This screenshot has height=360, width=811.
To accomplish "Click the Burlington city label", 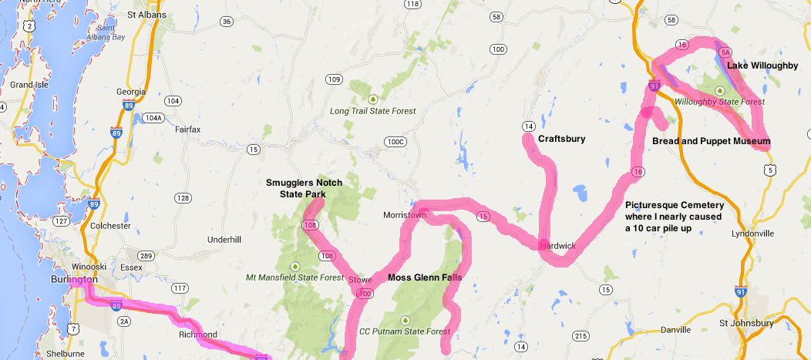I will coord(74,279).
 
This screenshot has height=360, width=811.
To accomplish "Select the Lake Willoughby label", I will coord(762,66).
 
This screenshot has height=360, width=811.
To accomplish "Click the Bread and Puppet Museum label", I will coord(711,141).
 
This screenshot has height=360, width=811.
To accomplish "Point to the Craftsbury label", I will coord(561,139).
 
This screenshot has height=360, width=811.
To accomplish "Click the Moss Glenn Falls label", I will coord(425,278).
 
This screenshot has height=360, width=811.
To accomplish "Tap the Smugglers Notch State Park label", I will coord(295,188).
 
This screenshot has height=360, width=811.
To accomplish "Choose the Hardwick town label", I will coord(557,246).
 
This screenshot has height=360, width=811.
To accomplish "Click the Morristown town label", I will coord(405,215).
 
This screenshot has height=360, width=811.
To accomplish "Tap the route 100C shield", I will coord(395,142).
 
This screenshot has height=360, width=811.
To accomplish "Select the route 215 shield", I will coord(580,335).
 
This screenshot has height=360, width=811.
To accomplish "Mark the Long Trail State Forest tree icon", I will coord(372,99).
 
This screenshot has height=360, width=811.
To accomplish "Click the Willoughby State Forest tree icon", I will coord(719,90).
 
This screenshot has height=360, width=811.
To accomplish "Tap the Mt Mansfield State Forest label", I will coord(294,278).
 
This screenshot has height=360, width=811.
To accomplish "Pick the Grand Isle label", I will coord(29,85).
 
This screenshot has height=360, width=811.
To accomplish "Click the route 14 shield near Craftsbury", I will coord(528,126).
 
